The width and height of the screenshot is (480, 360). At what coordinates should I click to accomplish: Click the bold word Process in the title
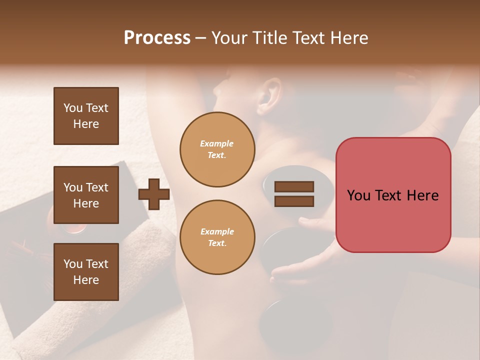[x=157, y=38]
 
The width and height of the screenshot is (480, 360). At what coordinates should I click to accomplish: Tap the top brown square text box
[x=86, y=116]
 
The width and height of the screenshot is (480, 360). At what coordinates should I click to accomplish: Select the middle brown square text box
[x=86, y=195]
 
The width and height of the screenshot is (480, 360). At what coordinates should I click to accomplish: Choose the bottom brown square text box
[x=86, y=272]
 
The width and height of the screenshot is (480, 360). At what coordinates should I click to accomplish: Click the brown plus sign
[x=154, y=194]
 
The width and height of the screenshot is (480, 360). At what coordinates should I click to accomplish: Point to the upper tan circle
[x=217, y=149]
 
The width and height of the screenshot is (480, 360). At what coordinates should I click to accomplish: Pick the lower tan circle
[x=217, y=237]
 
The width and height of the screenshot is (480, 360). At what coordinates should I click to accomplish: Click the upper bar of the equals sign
[x=294, y=187]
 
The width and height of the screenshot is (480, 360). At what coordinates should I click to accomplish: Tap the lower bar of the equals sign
[x=294, y=201]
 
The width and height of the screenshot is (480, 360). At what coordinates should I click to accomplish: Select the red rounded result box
[x=393, y=195]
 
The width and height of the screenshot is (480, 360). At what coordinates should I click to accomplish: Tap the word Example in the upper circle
[x=217, y=143]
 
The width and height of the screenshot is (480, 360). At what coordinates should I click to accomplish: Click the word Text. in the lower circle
[x=217, y=243]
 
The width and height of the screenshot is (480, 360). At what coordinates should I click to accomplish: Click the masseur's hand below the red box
[x=295, y=267]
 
